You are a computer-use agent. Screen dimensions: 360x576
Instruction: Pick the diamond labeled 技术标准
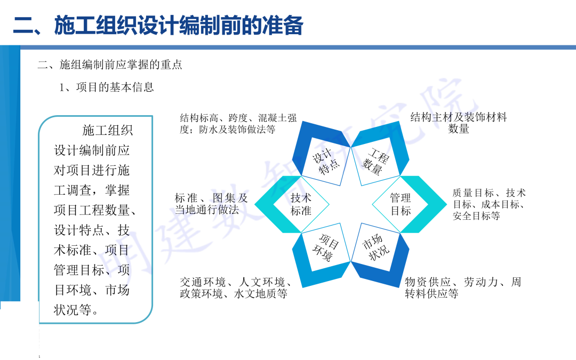[x=301, y=204]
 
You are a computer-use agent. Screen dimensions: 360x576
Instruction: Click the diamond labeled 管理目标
[x=401, y=204]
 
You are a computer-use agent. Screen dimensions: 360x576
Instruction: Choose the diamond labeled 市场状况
[x=376, y=247]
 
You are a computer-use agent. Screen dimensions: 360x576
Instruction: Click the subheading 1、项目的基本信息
[x=106, y=87]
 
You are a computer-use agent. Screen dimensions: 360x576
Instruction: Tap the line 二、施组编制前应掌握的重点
[x=110, y=65]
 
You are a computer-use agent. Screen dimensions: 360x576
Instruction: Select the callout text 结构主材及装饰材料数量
[x=458, y=123]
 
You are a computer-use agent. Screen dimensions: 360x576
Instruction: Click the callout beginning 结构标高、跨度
[x=238, y=123]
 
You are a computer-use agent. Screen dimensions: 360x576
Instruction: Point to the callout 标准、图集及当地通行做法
[x=211, y=204]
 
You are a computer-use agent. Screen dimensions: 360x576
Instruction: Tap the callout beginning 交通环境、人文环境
[x=235, y=287]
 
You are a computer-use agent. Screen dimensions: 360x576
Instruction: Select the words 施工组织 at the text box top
[x=107, y=130]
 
